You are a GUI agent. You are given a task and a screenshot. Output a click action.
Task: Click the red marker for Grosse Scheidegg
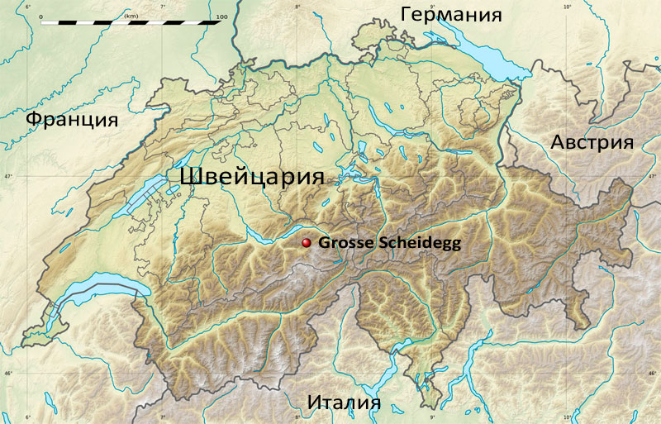point(307,243)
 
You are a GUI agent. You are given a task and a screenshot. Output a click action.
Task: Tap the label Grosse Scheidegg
point(388,243)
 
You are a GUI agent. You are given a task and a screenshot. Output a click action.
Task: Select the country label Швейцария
point(250,176)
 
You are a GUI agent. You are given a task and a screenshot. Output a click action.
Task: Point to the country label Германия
point(451,14)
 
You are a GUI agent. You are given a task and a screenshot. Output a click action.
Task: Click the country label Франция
point(72,119)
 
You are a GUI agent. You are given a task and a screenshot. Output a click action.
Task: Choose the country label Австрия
point(592,141)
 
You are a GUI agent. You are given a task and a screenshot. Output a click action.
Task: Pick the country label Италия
point(344,403)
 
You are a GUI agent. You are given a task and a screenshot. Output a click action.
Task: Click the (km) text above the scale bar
point(131,16)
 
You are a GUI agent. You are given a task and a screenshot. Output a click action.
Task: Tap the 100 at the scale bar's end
point(220,16)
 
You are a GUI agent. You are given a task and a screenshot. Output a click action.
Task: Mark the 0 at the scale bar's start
point(40,16)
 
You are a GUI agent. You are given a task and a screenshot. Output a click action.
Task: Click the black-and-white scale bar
point(131,23)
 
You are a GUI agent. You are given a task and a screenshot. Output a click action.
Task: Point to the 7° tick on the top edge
point(162,7)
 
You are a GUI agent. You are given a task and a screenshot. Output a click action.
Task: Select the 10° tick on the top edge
point(567,7)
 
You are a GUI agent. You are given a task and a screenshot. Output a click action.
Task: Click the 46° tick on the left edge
point(7,374)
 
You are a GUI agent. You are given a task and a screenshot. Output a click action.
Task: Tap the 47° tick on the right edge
point(654,176)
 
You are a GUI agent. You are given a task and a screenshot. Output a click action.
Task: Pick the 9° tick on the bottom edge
point(432,417)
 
